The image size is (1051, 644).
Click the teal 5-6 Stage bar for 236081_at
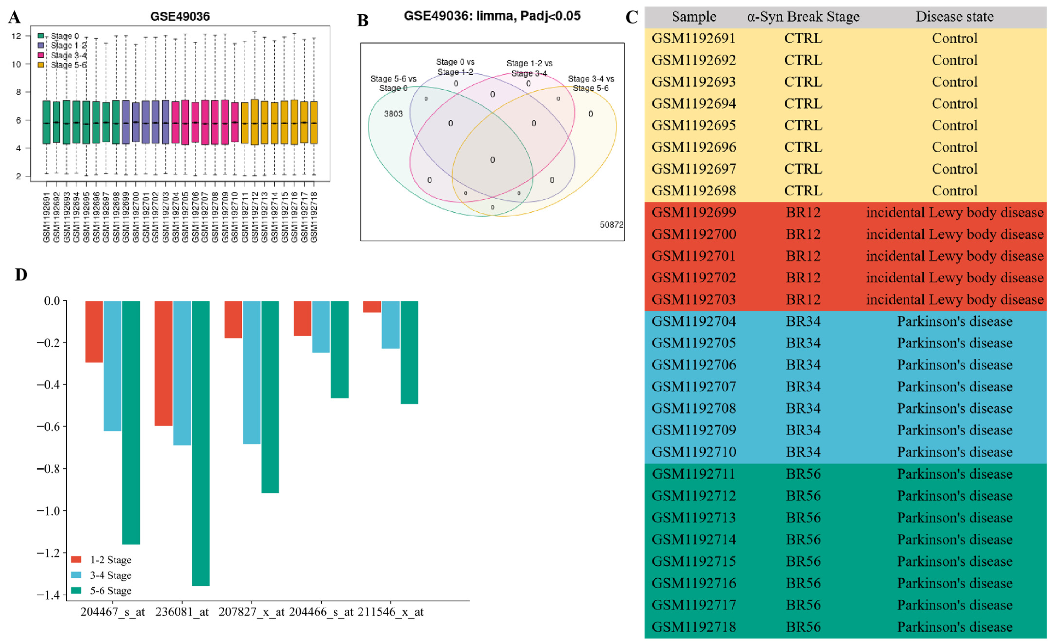click(200, 443)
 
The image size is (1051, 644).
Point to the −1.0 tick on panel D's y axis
click(48, 511)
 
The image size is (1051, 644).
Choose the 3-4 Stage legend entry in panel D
click(110, 575)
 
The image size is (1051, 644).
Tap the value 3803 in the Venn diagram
click(393, 114)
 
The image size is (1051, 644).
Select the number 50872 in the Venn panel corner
click(611, 225)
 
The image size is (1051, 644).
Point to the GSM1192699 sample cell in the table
click(693, 212)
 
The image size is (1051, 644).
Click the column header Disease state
click(954, 17)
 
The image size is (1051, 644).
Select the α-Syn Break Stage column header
click(803, 17)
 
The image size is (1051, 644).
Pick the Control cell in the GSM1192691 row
click(954, 38)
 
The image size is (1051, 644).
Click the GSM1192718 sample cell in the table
click(693, 627)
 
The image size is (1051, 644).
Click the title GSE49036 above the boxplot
click(180, 17)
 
